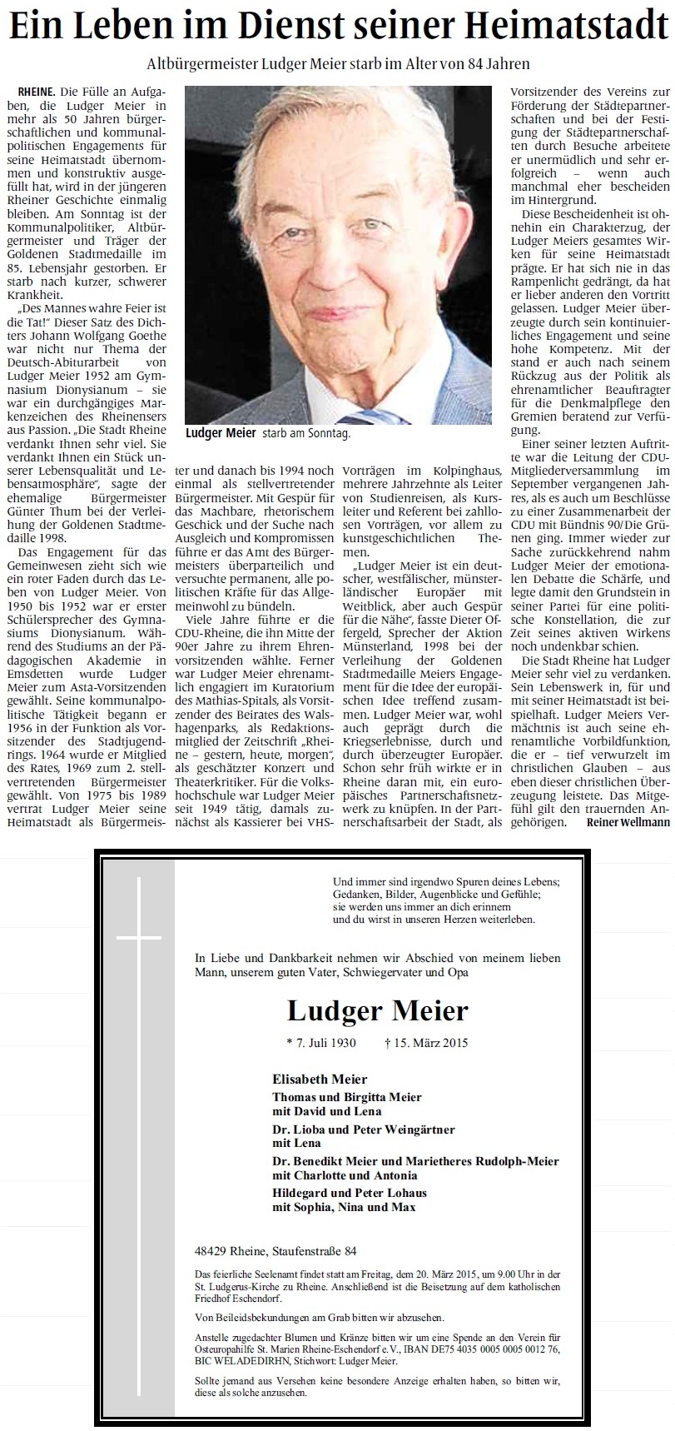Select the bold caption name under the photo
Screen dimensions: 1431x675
pyautogui.click(x=209, y=434)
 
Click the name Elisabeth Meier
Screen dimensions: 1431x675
pyautogui.click(x=320, y=1079)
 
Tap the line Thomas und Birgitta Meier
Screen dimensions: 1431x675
pyautogui.click(x=346, y=1097)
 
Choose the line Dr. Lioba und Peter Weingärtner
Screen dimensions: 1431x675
pyautogui.click(x=364, y=1129)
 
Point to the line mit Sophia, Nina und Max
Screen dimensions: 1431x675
pyautogui.click(x=343, y=1207)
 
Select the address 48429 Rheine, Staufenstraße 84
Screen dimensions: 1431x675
pyautogui.click(x=275, y=1251)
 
